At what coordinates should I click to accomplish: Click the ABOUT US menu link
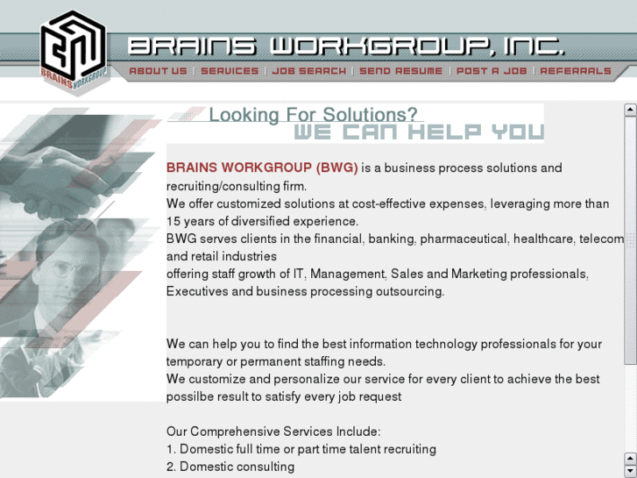[158, 71]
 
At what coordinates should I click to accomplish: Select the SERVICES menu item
[230, 71]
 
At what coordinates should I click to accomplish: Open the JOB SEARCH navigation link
[308, 71]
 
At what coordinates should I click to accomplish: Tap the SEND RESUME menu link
[400, 71]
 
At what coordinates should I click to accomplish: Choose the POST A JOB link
[492, 71]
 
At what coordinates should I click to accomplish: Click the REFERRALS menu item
[576, 71]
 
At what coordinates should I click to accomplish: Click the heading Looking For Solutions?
[313, 115]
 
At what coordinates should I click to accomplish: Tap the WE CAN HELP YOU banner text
[418, 132]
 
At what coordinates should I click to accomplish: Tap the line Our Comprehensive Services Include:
[273, 432]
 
